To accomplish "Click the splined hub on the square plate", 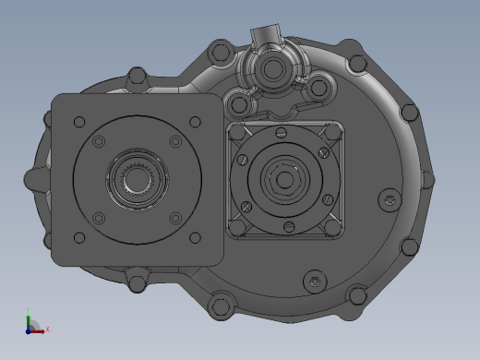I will [x=136, y=178].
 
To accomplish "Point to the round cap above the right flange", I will [x=274, y=69].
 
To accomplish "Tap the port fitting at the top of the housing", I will [x=263, y=37].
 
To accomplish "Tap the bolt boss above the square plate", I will [x=137, y=78].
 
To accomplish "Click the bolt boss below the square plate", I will [x=136, y=279].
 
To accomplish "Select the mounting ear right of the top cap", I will [x=318, y=88].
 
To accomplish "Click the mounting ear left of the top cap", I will [x=237, y=99].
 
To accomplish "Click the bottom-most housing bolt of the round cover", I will [x=221, y=306].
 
